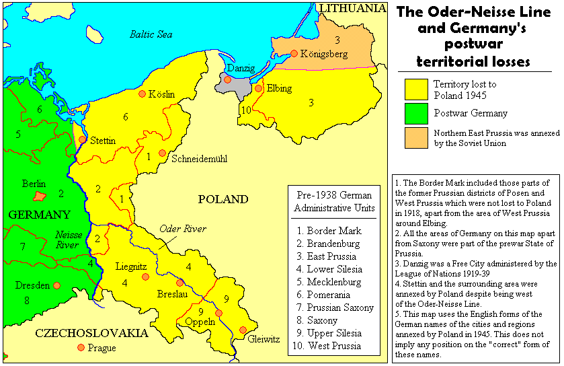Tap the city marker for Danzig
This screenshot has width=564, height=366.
228,79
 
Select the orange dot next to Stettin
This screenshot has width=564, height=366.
82,140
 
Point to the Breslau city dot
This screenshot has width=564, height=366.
179,283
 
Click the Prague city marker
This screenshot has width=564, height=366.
81,347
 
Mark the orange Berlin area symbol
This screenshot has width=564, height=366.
40,196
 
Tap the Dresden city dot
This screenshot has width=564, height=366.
56,285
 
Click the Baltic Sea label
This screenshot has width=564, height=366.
151,34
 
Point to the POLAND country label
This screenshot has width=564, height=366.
223,199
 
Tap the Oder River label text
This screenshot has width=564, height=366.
183,228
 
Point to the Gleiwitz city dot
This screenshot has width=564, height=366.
243,330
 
